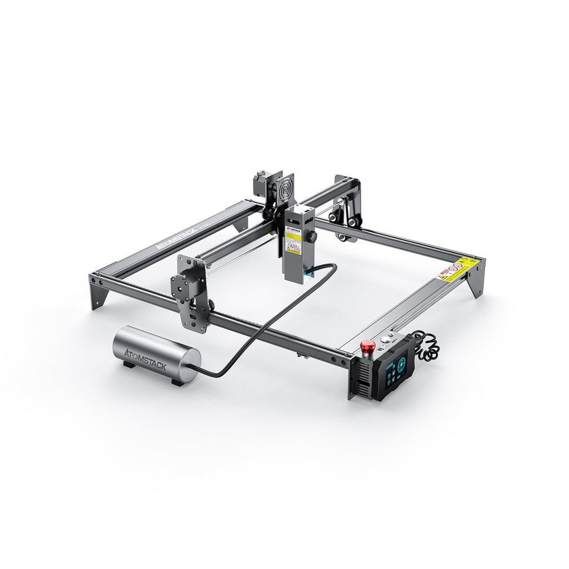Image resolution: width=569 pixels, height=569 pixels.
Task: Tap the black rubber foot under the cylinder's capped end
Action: (x=177, y=382)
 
